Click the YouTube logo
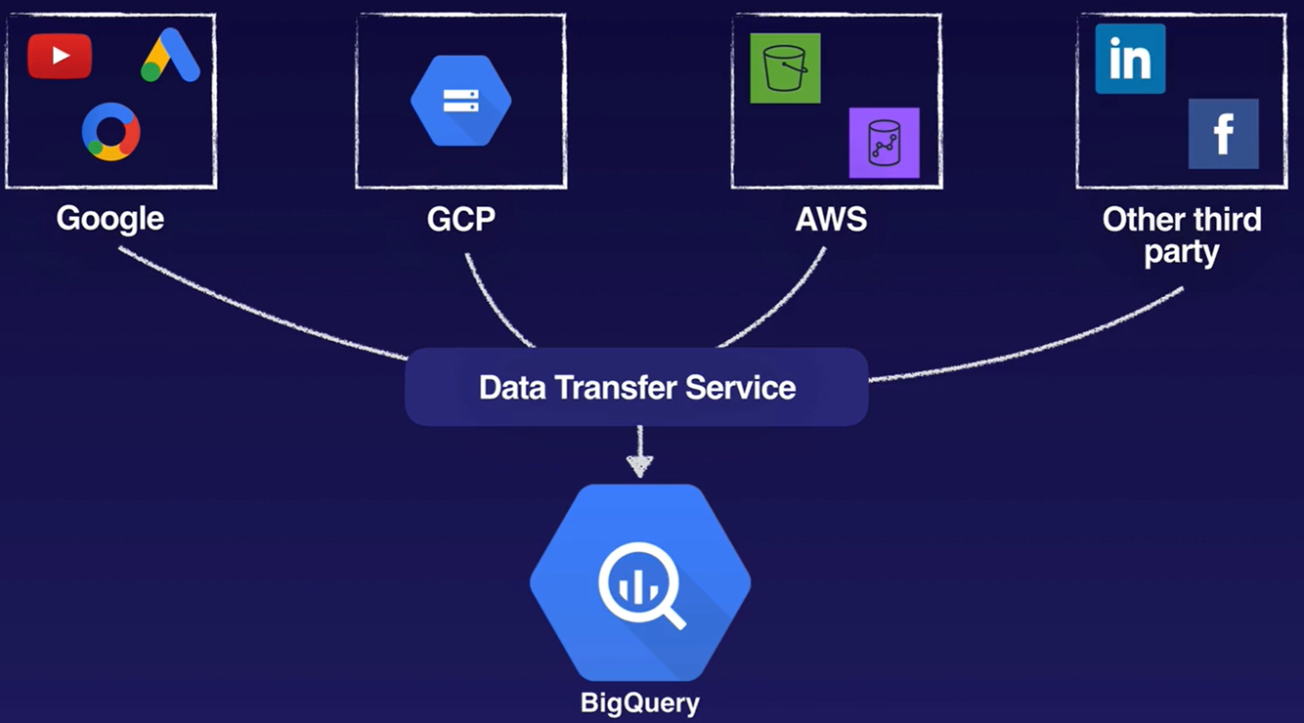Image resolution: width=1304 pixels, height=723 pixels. [x=60, y=56]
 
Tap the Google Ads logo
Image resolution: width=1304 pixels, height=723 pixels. [x=170, y=56]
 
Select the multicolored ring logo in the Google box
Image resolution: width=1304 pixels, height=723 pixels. [x=110, y=131]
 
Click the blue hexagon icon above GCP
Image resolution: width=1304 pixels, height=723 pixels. [x=460, y=101]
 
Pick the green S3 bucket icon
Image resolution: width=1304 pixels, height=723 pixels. [x=785, y=68]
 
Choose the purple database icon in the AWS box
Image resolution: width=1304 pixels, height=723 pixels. [x=884, y=143]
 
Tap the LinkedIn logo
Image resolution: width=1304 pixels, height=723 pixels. [x=1130, y=60]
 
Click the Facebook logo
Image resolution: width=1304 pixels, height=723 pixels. [x=1223, y=134]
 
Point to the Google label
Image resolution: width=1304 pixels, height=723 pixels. [x=109, y=218]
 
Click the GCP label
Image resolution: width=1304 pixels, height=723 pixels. [x=460, y=218]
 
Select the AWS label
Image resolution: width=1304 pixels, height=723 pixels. [x=831, y=218]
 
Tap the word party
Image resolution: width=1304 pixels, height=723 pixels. [x=1182, y=252]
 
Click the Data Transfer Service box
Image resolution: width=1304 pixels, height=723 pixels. [x=636, y=387]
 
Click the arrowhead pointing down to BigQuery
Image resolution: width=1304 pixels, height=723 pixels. [x=639, y=465]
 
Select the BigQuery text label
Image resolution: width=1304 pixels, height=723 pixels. [x=640, y=702]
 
